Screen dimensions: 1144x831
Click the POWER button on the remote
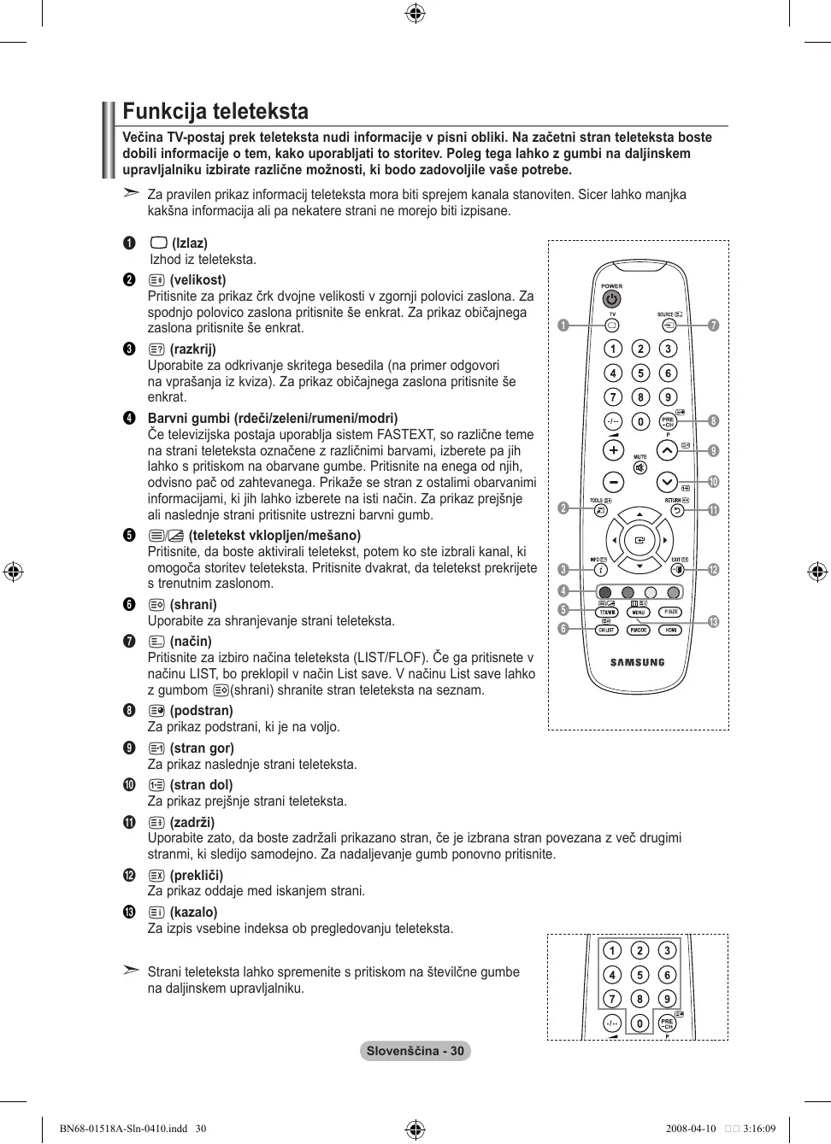click(x=611, y=299)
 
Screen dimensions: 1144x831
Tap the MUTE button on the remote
click(x=639, y=468)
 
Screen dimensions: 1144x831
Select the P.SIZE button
click(x=671, y=613)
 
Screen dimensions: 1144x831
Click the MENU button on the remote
click(x=639, y=613)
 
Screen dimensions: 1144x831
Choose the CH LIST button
click(x=606, y=630)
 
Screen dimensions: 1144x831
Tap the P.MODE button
click(x=639, y=630)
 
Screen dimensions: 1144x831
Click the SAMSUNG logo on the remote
click(x=637, y=662)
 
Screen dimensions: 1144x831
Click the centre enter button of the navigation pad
click(x=639, y=540)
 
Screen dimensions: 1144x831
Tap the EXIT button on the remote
click(x=677, y=569)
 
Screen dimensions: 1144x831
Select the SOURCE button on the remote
click(x=669, y=325)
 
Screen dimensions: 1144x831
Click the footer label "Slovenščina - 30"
click(x=415, y=1051)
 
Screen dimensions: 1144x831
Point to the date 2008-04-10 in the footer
click(x=691, y=1129)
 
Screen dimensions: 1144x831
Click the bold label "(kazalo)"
click(x=193, y=912)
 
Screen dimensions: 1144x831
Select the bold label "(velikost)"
click(x=197, y=280)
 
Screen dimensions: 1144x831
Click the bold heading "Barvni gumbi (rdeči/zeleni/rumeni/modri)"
click(x=273, y=419)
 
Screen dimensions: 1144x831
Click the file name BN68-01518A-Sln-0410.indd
click(x=123, y=1129)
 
